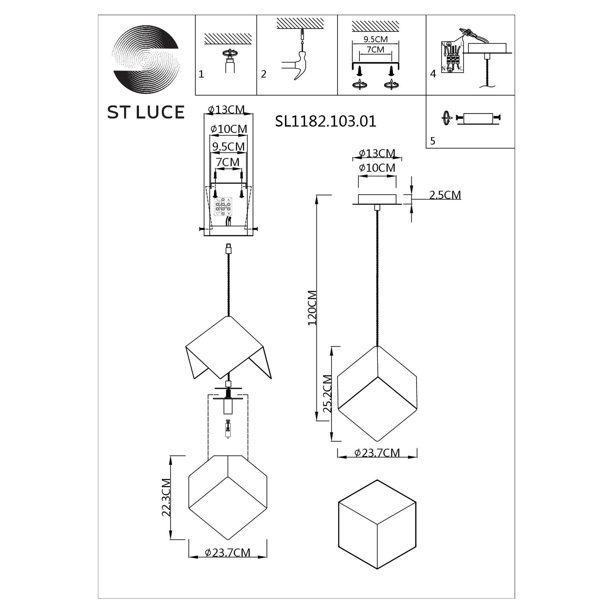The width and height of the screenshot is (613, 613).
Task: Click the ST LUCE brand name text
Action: coord(146,112)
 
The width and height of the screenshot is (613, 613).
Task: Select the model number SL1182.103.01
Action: coord(326,121)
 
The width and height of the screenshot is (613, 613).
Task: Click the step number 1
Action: coord(201,74)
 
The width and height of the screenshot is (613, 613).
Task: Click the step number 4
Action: coord(433,74)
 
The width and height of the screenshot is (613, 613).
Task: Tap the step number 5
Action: coord(433,141)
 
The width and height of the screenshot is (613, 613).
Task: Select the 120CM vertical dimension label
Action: coord(312,308)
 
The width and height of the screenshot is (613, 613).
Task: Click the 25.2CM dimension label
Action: coord(327,394)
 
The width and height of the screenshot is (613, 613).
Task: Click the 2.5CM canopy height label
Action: coord(445,195)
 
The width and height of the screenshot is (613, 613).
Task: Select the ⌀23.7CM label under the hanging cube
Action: coord(377,453)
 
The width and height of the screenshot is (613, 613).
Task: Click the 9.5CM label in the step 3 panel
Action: coord(376,40)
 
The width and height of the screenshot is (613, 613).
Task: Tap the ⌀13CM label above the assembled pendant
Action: coord(377,153)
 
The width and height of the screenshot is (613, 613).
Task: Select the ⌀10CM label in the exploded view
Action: coord(228,129)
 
